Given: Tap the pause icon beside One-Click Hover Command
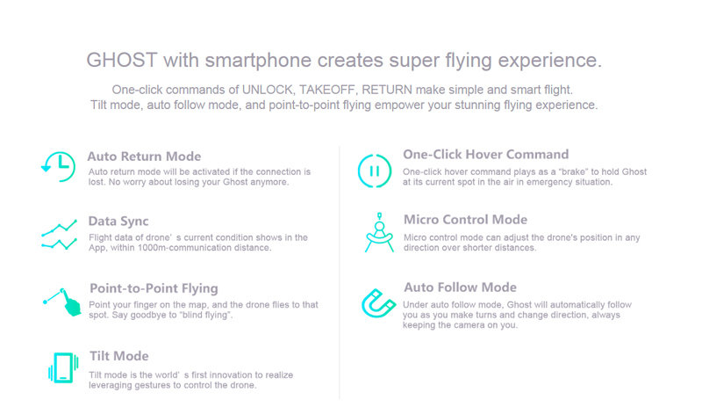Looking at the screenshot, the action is pyautogui.click(x=375, y=171).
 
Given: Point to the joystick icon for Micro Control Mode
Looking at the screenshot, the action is pyautogui.click(x=379, y=232).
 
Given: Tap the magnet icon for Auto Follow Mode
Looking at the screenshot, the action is pyautogui.click(x=378, y=303).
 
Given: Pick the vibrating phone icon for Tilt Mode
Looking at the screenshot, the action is pyautogui.click(x=63, y=367).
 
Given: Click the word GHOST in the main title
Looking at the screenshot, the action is pyautogui.click(x=122, y=60).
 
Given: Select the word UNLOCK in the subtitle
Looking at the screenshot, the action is pyautogui.click(x=268, y=90).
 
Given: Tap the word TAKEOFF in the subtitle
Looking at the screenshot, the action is pyautogui.click(x=327, y=90).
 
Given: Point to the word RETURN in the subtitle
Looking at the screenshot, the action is pyautogui.click(x=387, y=90).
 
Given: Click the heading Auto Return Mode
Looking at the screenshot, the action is pyautogui.click(x=144, y=156).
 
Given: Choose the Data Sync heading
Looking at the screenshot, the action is pyautogui.click(x=118, y=222).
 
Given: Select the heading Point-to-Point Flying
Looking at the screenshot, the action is pyautogui.click(x=154, y=288).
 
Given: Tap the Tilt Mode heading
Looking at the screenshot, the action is pyautogui.click(x=118, y=356).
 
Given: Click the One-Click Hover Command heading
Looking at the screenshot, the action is pyautogui.click(x=486, y=155).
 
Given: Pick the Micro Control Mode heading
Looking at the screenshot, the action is pyautogui.click(x=465, y=220).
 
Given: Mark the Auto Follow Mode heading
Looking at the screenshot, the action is pyautogui.click(x=460, y=287).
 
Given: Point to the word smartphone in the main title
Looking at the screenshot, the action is pyautogui.click(x=258, y=61).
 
